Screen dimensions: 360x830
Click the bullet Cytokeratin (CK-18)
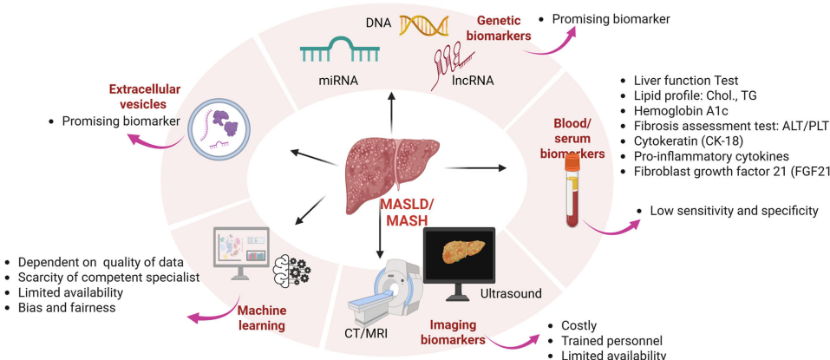click(x=687, y=141)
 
